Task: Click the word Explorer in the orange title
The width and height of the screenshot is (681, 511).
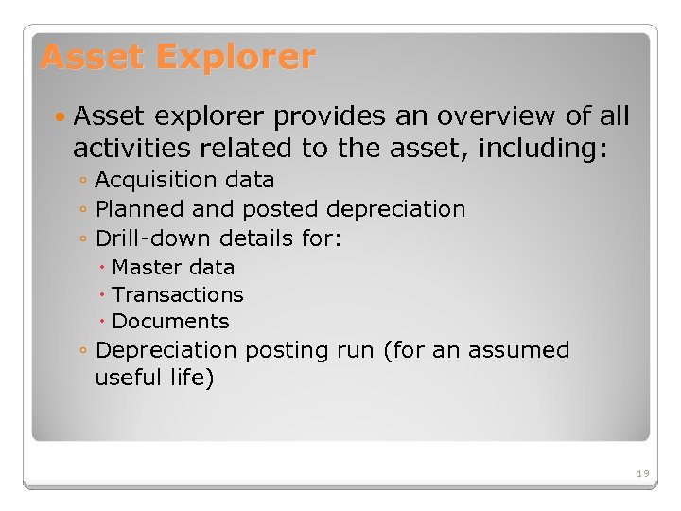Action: [x=236, y=58]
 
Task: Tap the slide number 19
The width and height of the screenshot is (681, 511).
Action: [x=642, y=473]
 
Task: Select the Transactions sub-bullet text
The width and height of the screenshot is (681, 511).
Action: [x=177, y=295]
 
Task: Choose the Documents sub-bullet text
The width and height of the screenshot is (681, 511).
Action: [x=170, y=322]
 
